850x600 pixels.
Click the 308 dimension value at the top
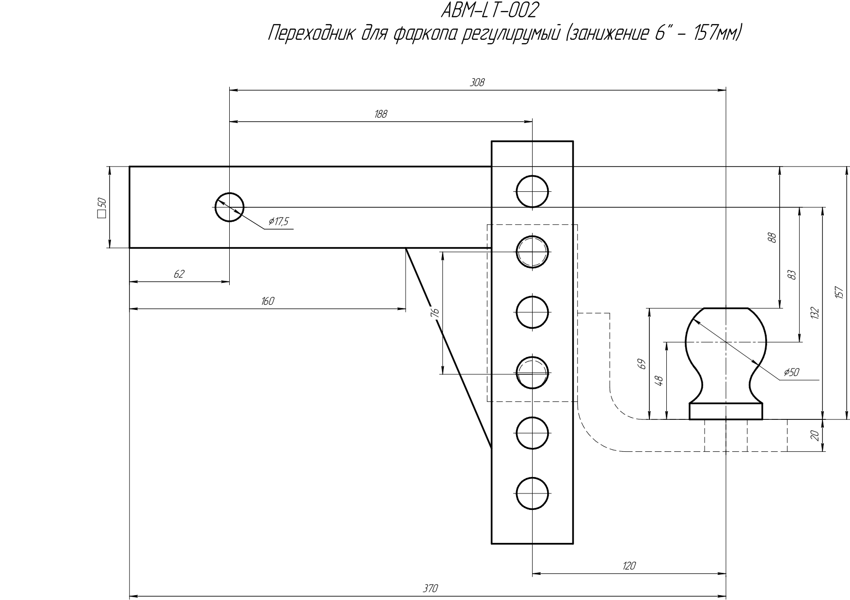click(x=477, y=83)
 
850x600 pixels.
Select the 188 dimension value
click(x=381, y=114)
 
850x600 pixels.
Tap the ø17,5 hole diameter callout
click(x=279, y=222)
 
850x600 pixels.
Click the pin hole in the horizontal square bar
click(x=229, y=207)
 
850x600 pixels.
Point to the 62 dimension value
click(x=179, y=274)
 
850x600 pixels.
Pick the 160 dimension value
click(x=268, y=301)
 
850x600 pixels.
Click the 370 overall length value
click(x=430, y=588)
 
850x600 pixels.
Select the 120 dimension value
click(x=629, y=566)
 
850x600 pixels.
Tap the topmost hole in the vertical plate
click(x=532, y=191)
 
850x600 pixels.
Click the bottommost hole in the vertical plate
click(x=532, y=493)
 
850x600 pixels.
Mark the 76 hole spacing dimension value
click(x=435, y=313)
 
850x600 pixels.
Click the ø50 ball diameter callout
click(x=791, y=372)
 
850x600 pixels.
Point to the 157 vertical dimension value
click(x=840, y=292)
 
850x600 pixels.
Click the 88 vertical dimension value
click(x=772, y=238)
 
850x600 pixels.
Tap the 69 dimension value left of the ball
click(x=641, y=364)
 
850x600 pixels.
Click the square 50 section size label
click(x=102, y=208)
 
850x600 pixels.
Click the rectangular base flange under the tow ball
click(x=725, y=412)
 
